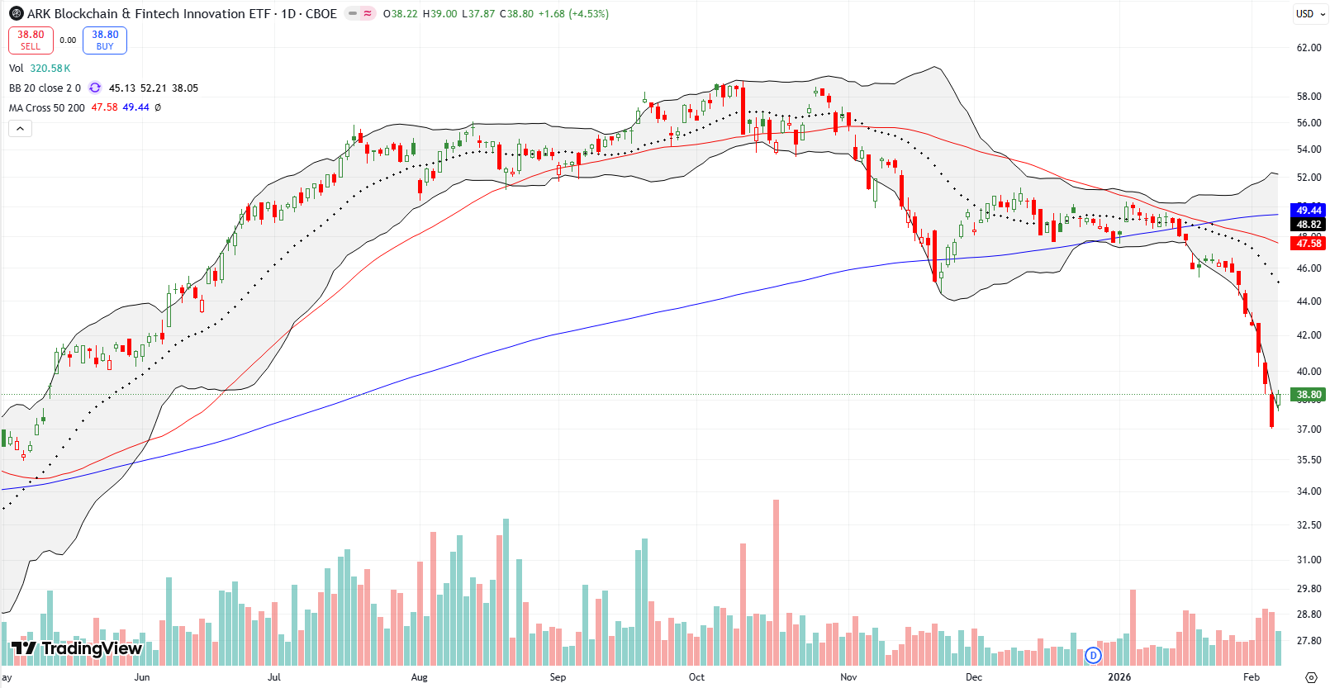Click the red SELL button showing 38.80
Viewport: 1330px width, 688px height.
(x=31, y=40)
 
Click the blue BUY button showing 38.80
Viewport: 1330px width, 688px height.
(x=105, y=40)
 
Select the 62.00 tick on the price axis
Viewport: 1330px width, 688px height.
(x=1309, y=48)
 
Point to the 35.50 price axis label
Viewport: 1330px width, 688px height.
(x=1309, y=460)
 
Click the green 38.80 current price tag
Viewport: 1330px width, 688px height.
(x=1309, y=395)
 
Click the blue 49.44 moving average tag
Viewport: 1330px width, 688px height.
(x=1309, y=211)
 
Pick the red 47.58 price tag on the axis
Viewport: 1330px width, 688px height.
(x=1309, y=244)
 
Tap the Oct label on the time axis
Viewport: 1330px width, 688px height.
(x=696, y=677)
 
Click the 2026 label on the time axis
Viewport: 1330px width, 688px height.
(x=1119, y=677)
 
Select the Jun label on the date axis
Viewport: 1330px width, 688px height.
(x=142, y=677)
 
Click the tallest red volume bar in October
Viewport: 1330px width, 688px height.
(x=776, y=578)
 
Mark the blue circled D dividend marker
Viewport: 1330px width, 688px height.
(x=1093, y=655)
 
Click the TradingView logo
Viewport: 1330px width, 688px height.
(x=77, y=648)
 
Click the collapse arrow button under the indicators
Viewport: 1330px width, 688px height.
(x=20, y=128)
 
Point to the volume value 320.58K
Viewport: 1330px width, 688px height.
(x=50, y=69)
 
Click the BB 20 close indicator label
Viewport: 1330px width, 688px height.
(x=45, y=88)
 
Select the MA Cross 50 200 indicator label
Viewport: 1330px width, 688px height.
(x=46, y=108)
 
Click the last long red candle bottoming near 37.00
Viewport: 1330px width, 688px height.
(x=1271, y=410)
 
